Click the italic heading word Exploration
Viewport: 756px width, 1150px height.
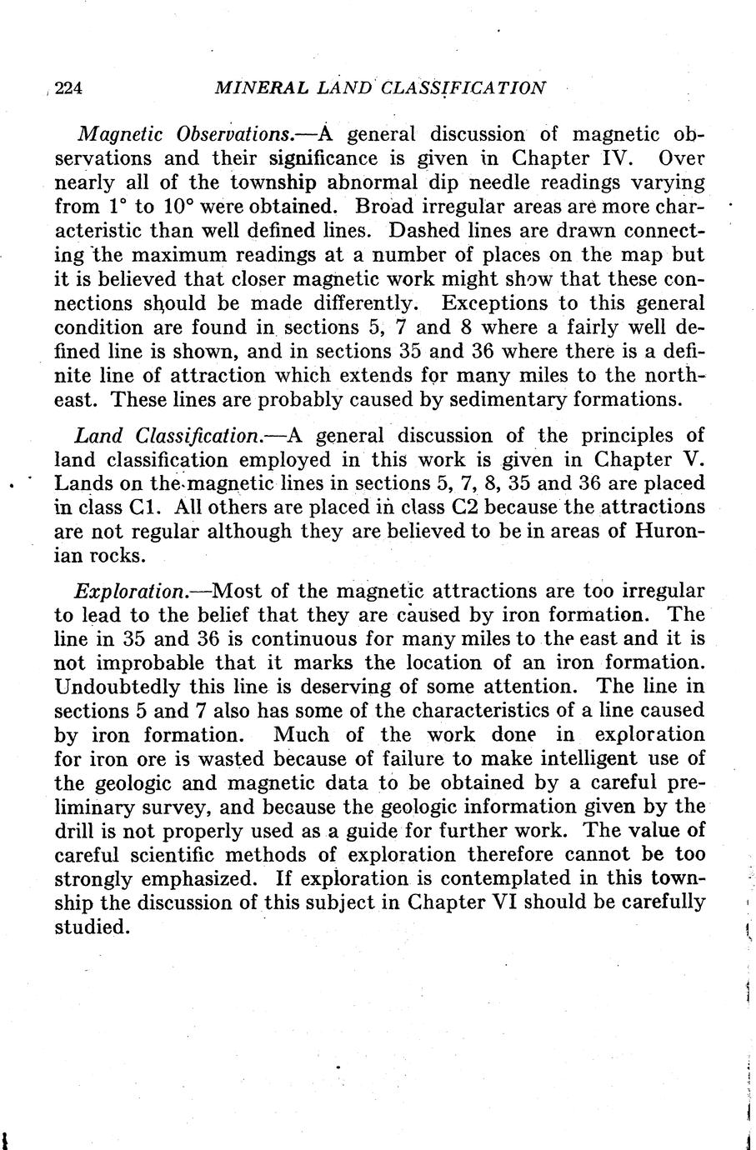[130, 592]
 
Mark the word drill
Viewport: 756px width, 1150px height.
[77, 832]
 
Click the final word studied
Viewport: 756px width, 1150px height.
[92, 927]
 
